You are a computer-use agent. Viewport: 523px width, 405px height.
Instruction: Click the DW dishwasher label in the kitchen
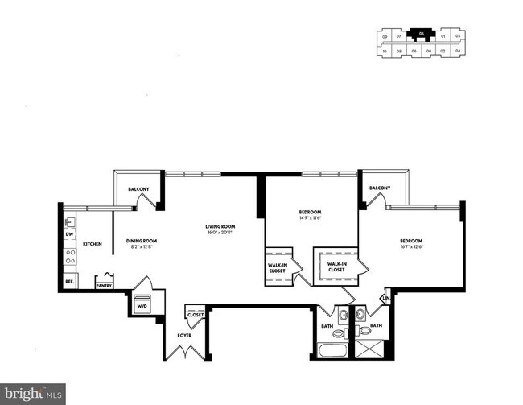[70, 234]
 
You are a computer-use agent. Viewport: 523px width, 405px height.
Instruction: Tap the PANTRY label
[104, 285]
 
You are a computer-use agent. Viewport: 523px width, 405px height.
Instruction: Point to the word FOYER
[184, 334]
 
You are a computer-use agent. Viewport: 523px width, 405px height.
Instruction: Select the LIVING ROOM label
[218, 227]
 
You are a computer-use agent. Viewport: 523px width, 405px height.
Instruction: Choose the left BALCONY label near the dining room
[138, 189]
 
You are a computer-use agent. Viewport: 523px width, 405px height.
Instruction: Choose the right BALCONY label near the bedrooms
[380, 188]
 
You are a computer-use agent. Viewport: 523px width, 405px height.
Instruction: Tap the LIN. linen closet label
[385, 299]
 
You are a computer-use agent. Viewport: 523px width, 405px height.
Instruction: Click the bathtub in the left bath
[331, 350]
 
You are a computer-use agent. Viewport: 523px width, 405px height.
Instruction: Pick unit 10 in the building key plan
[385, 51]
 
